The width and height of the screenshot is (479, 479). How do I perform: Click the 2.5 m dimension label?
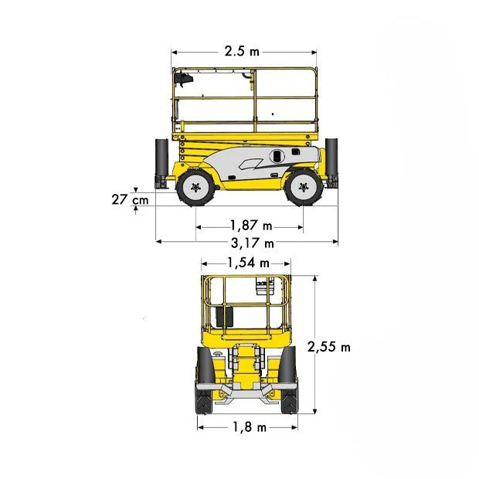[242, 51]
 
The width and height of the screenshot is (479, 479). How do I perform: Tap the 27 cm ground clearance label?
[130, 200]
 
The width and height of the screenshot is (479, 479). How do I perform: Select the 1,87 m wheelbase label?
[251, 226]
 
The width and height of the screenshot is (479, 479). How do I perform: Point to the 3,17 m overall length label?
[253, 243]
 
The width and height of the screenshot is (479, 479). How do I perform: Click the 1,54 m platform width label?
[248, 263]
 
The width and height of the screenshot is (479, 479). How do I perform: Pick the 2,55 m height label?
[328, 347]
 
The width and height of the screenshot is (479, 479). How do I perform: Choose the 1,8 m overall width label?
[250, 426]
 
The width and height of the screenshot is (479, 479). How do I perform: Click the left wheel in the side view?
[195, 187]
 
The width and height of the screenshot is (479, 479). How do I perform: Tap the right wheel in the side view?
[303, 187]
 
